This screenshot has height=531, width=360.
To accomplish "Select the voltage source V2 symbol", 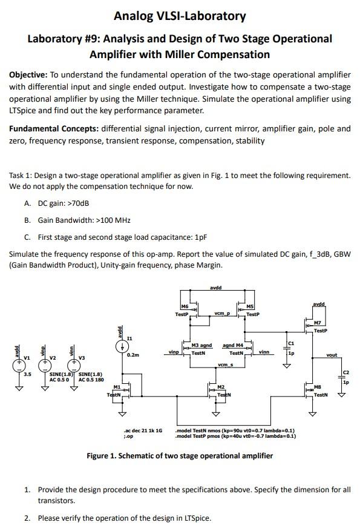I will (x=44, y=365).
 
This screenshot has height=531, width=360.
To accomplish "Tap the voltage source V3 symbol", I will (x=73, y=365).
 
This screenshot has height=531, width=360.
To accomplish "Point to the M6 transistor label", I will (x=185, y=308).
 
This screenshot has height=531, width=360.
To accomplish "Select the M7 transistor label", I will (x=318, y=323).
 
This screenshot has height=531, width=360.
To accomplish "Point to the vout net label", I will (x=332, y=355).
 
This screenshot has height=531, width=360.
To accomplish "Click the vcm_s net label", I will (x=224, y=364).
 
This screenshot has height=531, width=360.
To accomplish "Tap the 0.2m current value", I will (x=133, y=355).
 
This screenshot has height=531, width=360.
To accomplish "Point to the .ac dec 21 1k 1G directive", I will (x=143, y=430).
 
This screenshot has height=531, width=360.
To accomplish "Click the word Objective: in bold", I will (x=28, y=74).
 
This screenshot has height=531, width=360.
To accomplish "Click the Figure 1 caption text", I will (x=180, y=455).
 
